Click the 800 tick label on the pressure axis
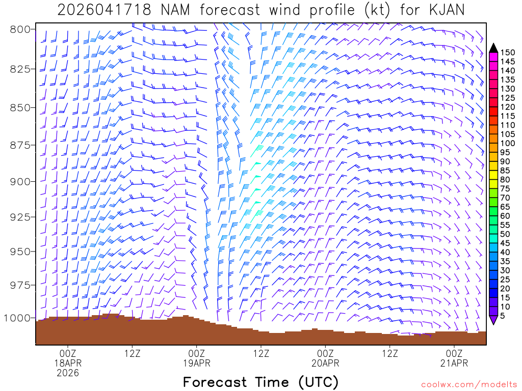tap(19, 29)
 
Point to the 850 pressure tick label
tap(19, 107)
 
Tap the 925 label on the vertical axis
tap(19, 217)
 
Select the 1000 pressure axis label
tap(17, 318)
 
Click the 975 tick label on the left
tap(19, 285)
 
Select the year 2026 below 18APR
tap(68, 373)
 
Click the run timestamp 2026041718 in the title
tap(104, 10)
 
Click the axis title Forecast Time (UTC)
tap(260, 382)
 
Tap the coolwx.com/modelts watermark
tap(468, 384)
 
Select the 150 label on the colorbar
tap(508, 52)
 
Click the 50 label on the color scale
tap(505, 234)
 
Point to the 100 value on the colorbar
tap(508, 143)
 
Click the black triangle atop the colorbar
tap(493, 48)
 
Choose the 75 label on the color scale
tap(505, 188)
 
